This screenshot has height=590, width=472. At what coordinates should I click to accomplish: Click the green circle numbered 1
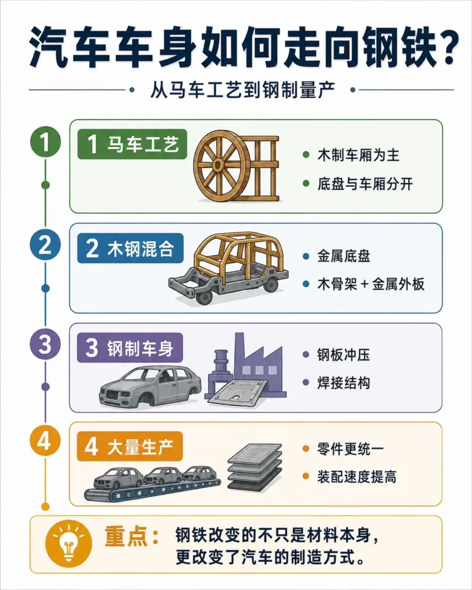(x=45, y=142)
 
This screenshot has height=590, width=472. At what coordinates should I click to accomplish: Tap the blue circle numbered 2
(x=45, y=245)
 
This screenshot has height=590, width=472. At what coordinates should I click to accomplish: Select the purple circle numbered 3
(x=45, y=344)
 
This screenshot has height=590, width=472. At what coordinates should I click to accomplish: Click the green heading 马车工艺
(x=132, y=144)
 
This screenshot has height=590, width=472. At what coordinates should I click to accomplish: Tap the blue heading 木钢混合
(x=130, y=248)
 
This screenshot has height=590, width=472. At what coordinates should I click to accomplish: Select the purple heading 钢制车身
(x=130, y=348)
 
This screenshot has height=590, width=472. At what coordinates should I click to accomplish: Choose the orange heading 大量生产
(x=130, y=447)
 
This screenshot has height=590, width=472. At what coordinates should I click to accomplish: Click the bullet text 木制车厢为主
(x=358, y=155)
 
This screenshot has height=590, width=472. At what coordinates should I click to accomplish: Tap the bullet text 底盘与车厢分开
(x=365, y=184)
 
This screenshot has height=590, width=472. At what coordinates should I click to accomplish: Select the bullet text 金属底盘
(x=344, y=256)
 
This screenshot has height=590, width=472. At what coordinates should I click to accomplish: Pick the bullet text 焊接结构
(x=344, y=383)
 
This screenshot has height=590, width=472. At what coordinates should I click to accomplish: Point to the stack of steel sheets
(x=255, y=467)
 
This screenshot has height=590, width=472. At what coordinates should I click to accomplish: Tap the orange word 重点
(x=126, y=536)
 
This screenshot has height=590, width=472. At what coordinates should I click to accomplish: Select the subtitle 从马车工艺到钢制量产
(x=242, y=90)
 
